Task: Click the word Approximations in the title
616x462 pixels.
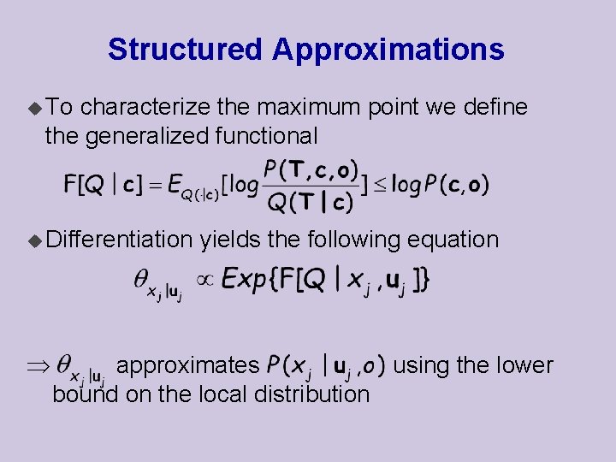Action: pos(388,50)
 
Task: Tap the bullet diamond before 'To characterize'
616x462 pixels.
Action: pos(34,109)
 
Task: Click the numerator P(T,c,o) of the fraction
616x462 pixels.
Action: pos(311,170)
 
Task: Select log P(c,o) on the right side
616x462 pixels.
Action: pos(441,185)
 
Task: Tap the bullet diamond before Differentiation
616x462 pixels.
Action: pos(34,240)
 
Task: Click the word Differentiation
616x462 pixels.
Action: pos(119,240)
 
